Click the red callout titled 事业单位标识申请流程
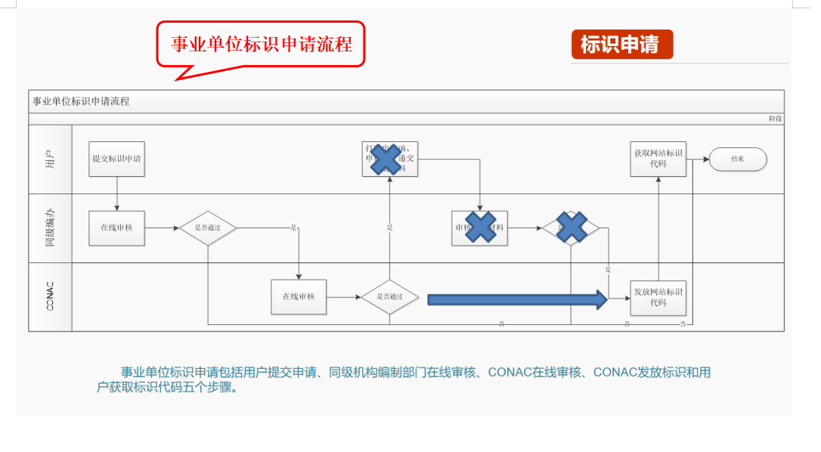pos(261,44)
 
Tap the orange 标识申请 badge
pos(621,45)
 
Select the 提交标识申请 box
pos(116,159)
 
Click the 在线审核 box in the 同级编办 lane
pos(116,228)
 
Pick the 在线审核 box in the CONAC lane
pos(299,297)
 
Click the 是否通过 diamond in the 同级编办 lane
pos(208,228)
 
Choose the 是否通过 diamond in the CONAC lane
pos(389,297)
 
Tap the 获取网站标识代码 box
pos(658,159)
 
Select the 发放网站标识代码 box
pos(658,297)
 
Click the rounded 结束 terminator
pos(738,159)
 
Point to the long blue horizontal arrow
pos(517,299)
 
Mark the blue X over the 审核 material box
pos(479,227)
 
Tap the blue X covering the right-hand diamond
pos(572,228)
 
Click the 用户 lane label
pos(50,159)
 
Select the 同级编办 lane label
pos(50,228)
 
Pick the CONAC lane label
pos(50,297)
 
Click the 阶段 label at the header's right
pos(775,119)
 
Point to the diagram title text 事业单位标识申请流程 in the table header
pos(81,101)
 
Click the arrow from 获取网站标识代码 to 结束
pos(698,159)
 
